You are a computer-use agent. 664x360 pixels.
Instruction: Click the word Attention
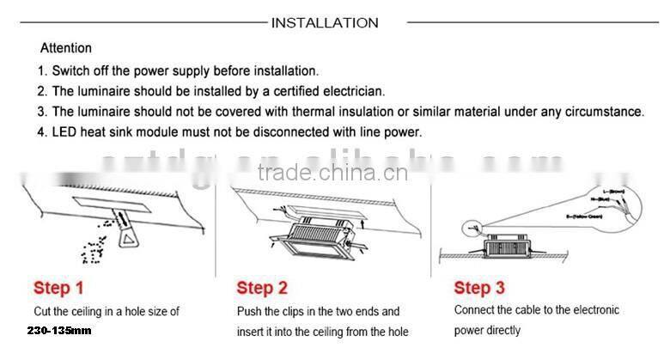(66, 48)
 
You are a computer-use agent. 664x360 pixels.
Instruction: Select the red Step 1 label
(59, 287)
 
